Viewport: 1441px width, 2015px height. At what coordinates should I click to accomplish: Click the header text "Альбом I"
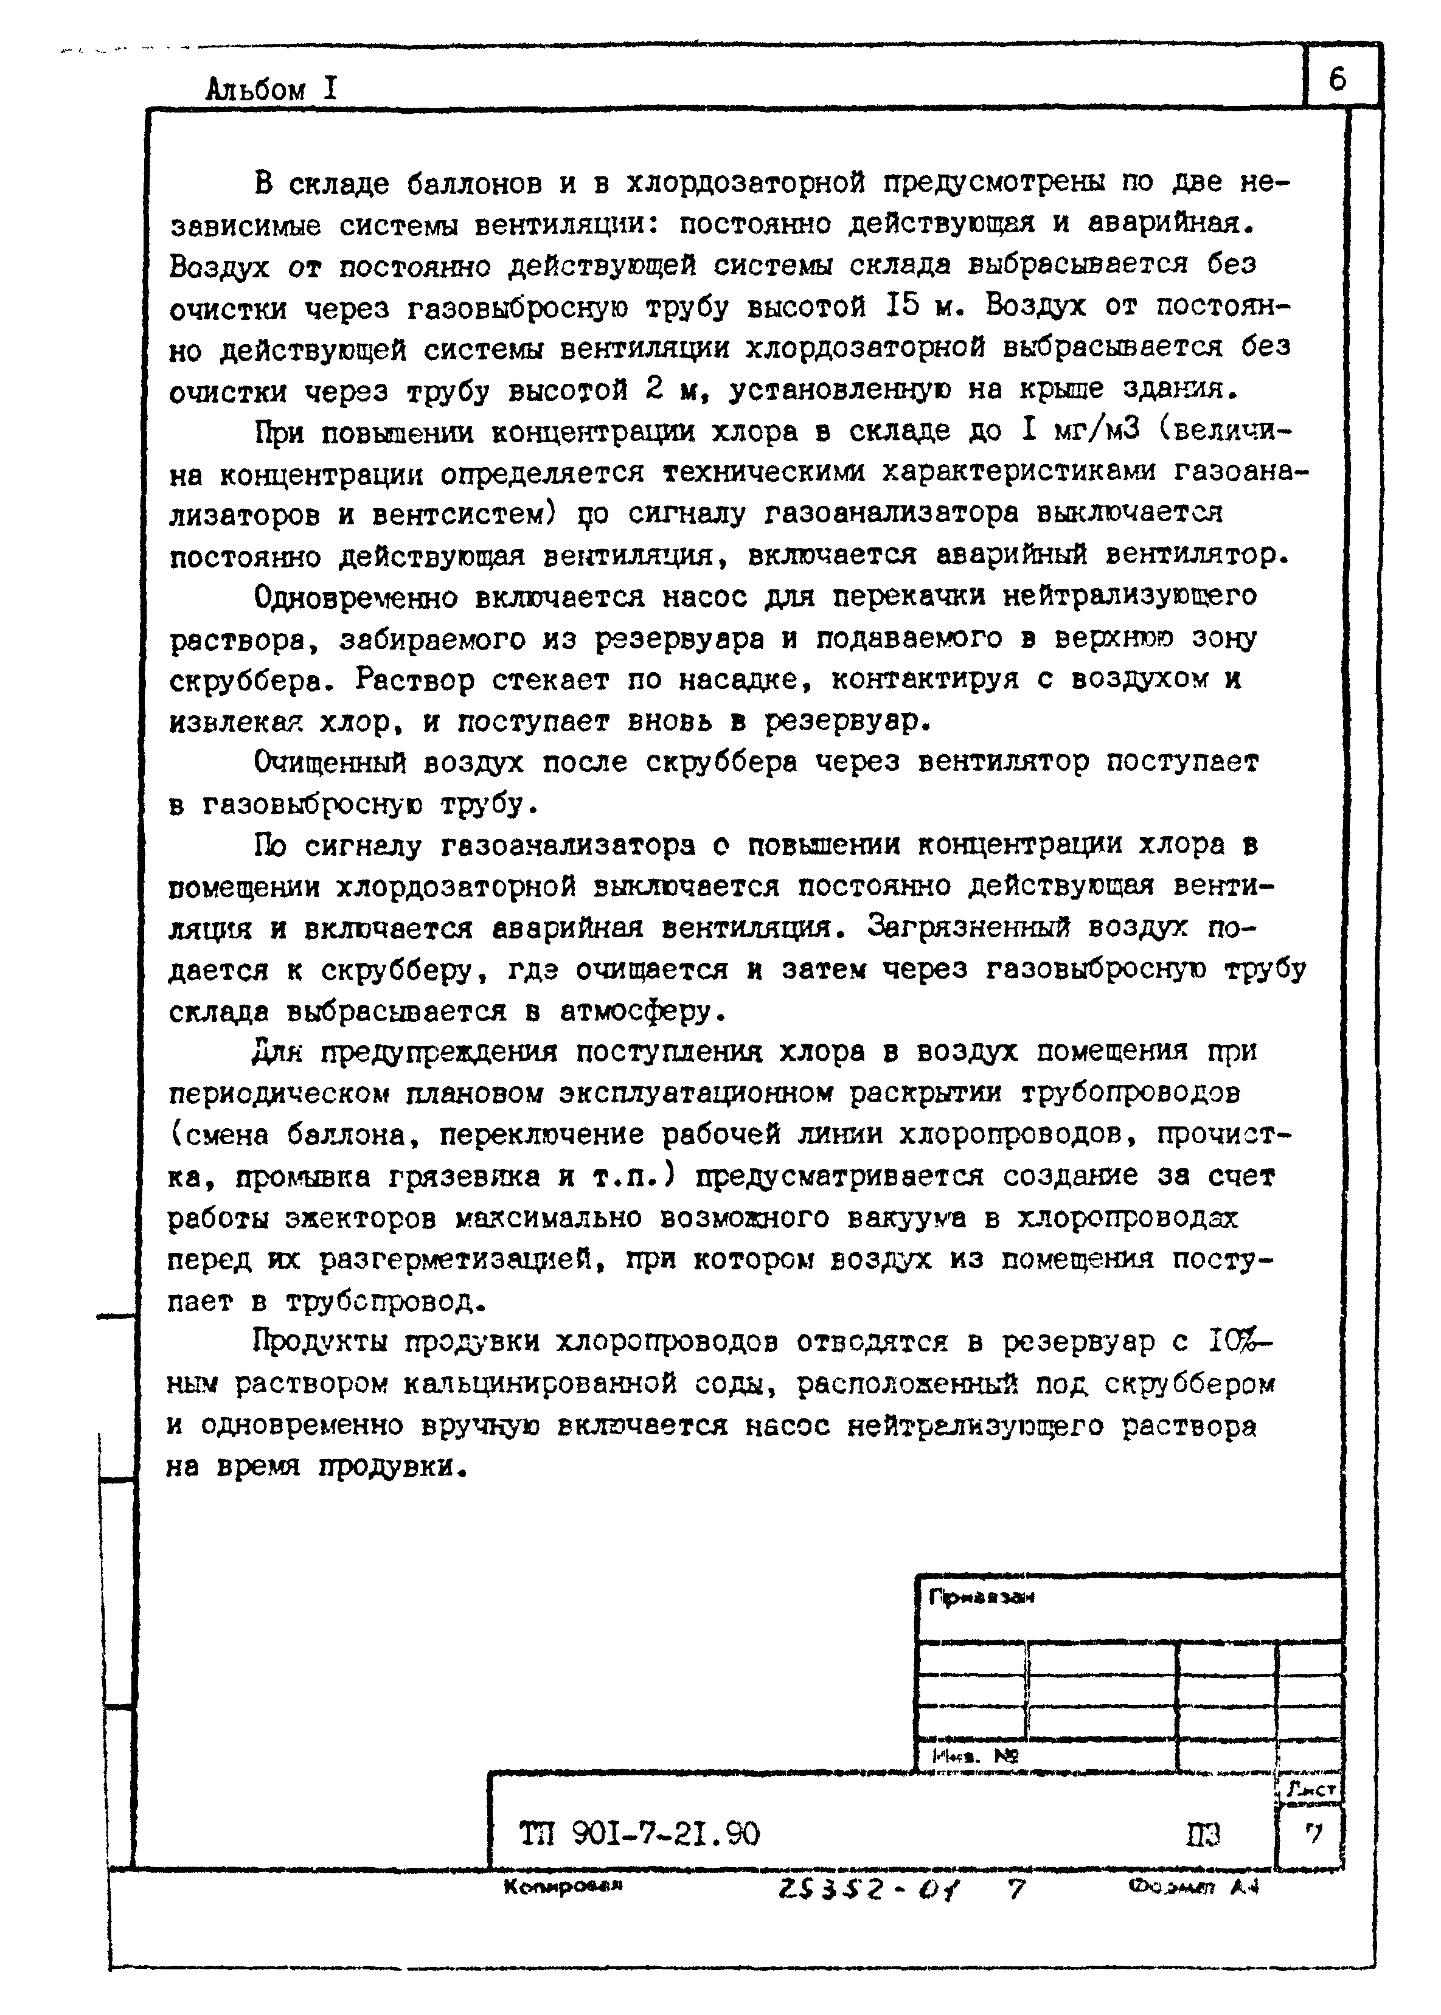tap(271, 89)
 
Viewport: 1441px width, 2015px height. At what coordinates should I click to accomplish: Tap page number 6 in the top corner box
tap(1337, 80)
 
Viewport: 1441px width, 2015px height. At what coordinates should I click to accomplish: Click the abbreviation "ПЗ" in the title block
tap(1203, 1833)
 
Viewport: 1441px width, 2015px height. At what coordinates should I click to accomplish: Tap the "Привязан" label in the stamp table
tap(981, 1597)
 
